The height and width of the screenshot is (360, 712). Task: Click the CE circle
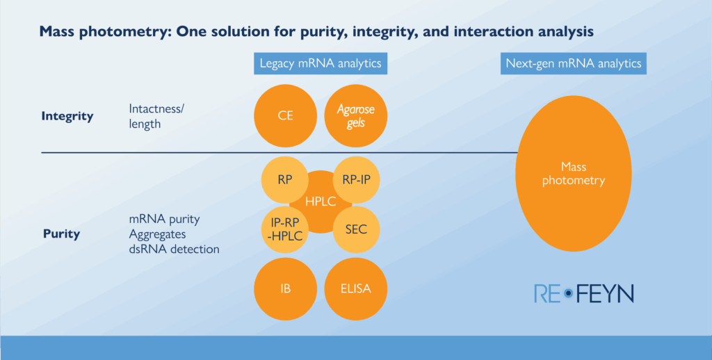tap(285, 116)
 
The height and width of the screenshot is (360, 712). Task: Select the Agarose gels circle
tap(355, 116)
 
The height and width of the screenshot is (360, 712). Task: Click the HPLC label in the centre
tap(320, 202)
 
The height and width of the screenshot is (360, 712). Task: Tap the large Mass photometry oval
tap(574, 174)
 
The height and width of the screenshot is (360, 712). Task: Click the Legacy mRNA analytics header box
tap(321, 64)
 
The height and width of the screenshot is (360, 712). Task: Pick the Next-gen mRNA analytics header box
tap(574, 64)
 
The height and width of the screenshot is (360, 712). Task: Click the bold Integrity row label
tap(67, 116)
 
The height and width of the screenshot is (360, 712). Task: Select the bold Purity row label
tap(61, 234)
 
